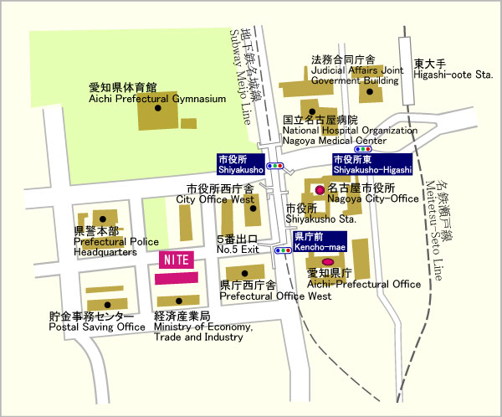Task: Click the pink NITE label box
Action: pos(177,259)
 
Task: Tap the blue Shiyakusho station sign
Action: pos(240,163)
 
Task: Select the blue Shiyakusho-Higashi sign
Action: pos(371,163)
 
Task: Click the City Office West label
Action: pos(214,194)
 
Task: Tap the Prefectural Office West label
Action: pos(275,291)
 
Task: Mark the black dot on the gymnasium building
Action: pos(159,109)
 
